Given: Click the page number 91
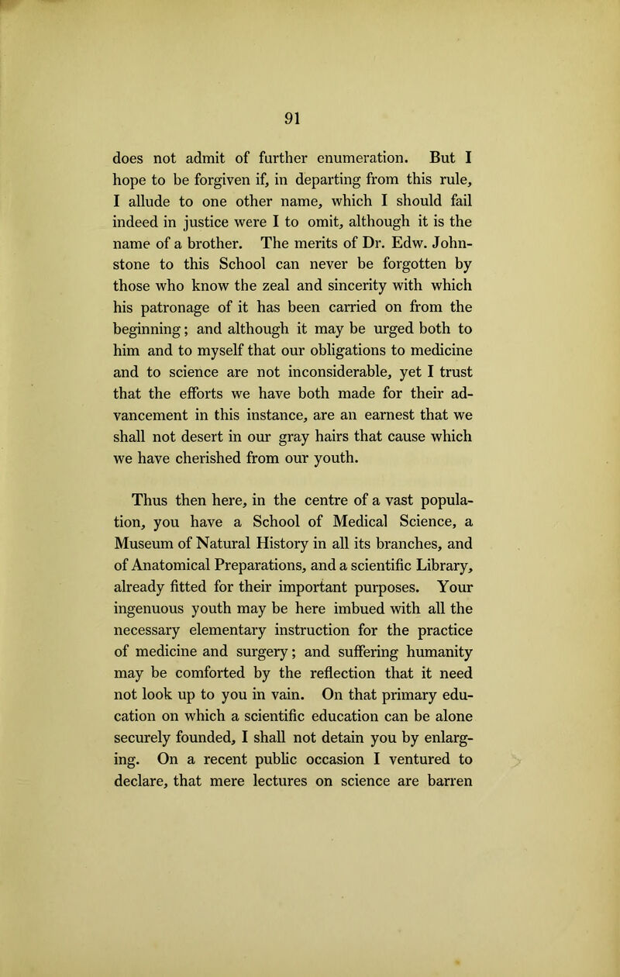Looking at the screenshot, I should coord(309,78).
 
